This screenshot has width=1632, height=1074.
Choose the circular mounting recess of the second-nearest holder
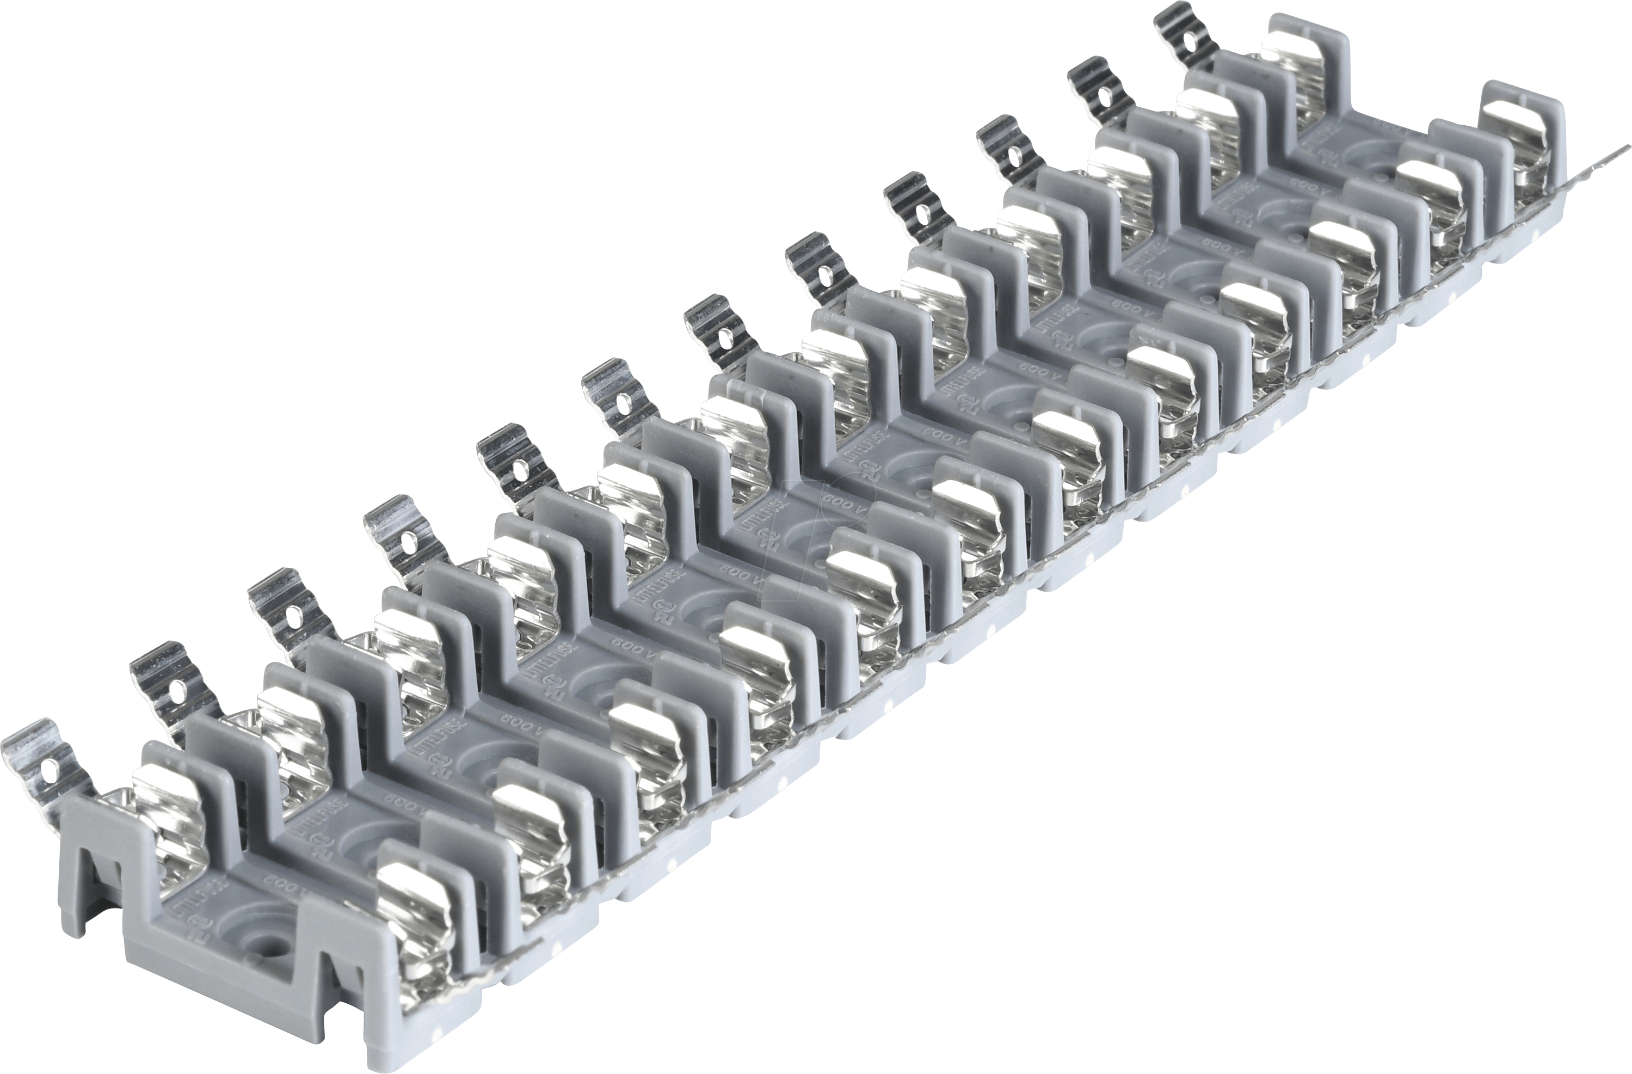[364, 837]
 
